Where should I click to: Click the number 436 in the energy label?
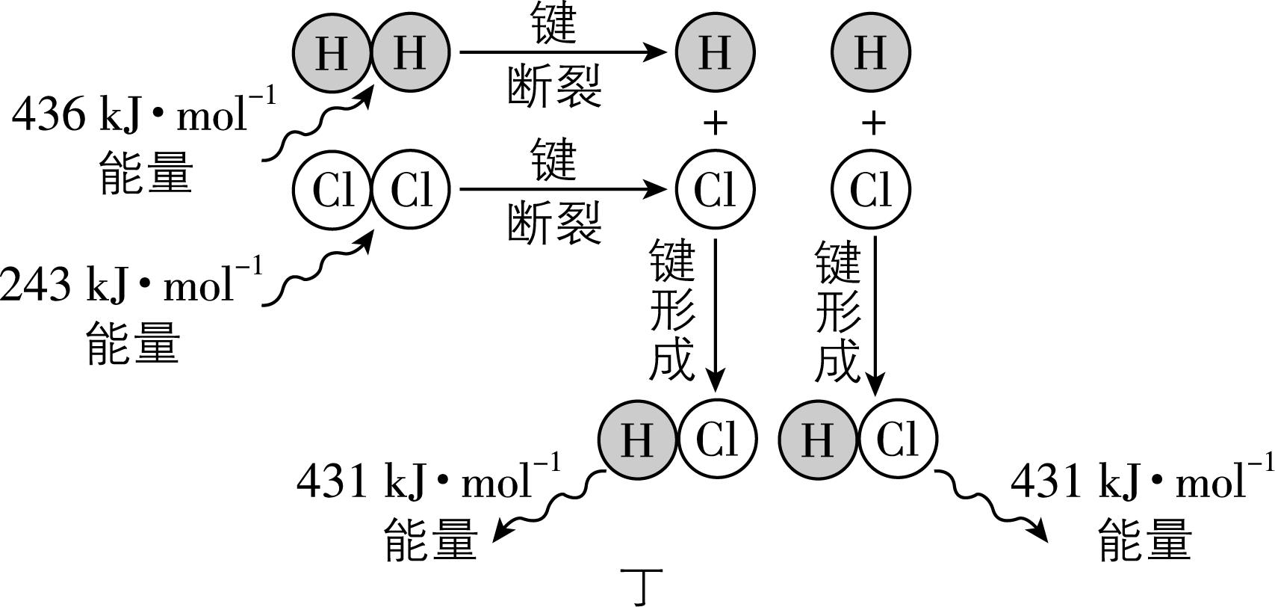pyautogui.click(x=49, y=116)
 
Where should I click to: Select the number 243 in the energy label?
pyautogui.click(x=35, y=285)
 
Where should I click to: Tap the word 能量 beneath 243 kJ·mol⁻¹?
pyautogui.click(x=134, y=343)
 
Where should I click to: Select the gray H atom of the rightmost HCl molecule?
pyautogui.click(x=817, y=438)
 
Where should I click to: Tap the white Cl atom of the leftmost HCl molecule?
pyautogui.click(x=717, y=438)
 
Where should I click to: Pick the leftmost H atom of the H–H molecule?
pyautogui.click(x=332, y=52)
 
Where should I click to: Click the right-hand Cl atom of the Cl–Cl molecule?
pyautogui.click(x=411, y=189)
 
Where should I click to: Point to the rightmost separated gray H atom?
pyautogui.click(x=871, y=52)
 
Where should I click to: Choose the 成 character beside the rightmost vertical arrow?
pyautogui.click(x=837, y=360)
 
